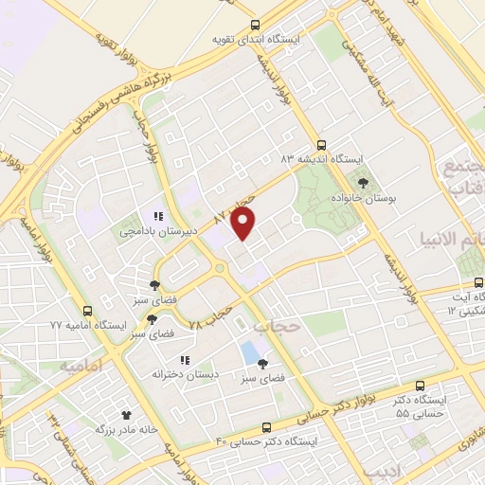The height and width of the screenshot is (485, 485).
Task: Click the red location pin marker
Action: pos(244,225)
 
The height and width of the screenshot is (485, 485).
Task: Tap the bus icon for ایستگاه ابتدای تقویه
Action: pos(253,26)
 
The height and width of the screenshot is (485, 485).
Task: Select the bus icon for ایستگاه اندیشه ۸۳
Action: pos(321,146)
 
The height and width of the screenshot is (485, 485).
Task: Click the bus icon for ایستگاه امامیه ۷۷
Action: pos(88,310)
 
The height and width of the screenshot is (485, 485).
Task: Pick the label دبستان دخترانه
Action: pos(186,375)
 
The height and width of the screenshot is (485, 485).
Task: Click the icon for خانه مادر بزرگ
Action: pos(125,413)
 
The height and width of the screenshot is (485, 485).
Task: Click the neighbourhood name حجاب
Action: pos(278,325)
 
